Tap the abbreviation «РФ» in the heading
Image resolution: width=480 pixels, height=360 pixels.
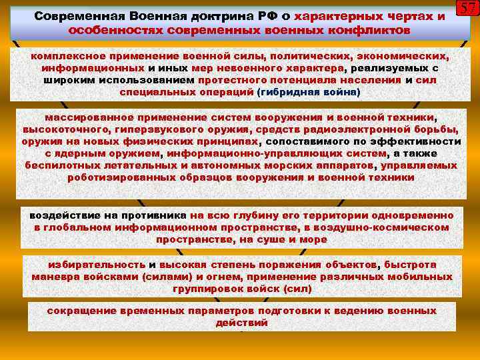click(x=256, y=16)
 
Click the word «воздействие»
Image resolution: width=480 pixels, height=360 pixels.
click(x=63, y=215)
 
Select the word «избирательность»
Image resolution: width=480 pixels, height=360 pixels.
click(x=93, y=264)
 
